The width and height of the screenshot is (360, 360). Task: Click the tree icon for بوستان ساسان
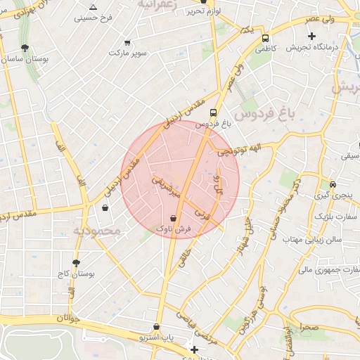coord(25,48)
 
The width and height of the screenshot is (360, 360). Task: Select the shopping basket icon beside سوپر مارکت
coord(127,43)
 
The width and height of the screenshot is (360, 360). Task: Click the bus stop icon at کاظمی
coord(266,38)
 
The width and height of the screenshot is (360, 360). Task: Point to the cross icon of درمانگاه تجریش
coord(311,35)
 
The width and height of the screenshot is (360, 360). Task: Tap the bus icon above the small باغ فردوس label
coord(213,112)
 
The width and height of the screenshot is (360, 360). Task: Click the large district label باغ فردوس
coord(262,113)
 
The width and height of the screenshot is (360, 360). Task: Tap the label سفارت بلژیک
coord(336,217)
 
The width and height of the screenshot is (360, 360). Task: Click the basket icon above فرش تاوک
coord(173,218)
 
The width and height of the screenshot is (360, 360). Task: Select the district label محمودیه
coord(98,231)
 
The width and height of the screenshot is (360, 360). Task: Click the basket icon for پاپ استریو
coord(156,327)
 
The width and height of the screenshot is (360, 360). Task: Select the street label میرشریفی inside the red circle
coord(167,186)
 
